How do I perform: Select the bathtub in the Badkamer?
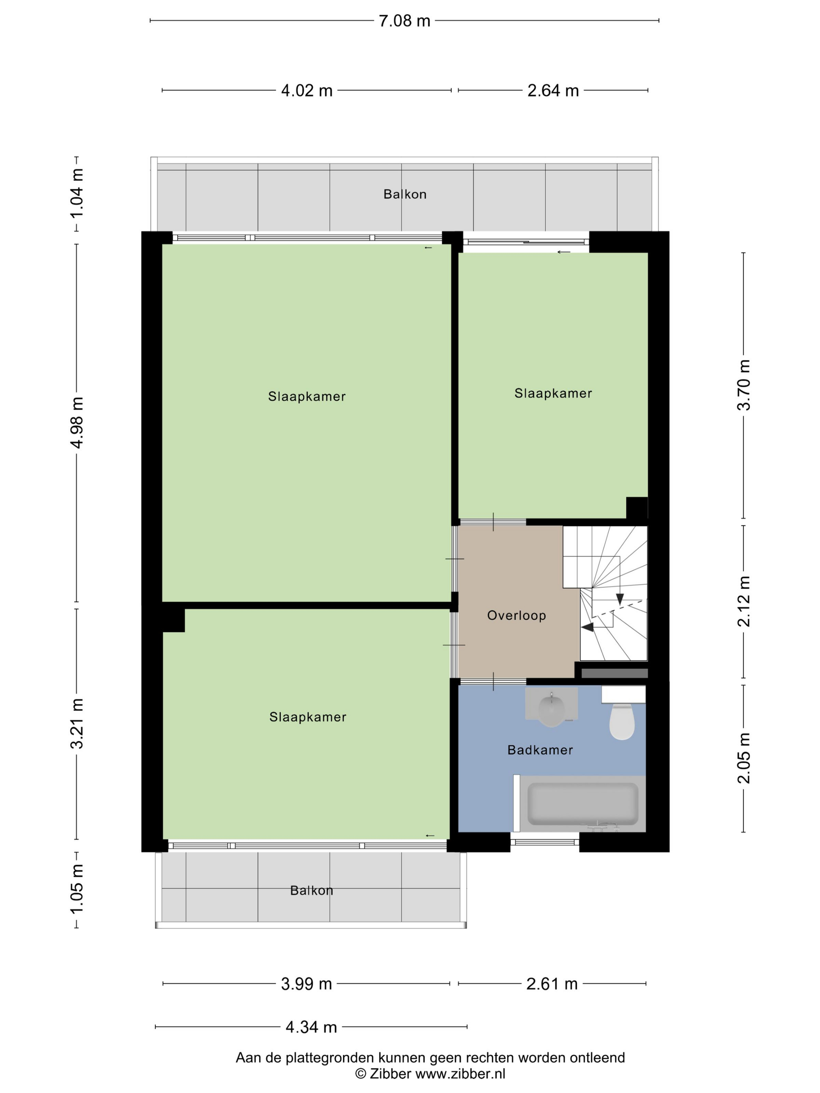[x=582, y=803]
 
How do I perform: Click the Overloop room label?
[x=517, y=615]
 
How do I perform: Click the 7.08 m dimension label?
[x=404, y=21]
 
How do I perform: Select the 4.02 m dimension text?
[x=307, y=91]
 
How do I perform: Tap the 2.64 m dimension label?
[x=553, y=91]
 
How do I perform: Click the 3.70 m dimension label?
[x=744, y=385]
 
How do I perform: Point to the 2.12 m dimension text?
[x=744, y=602]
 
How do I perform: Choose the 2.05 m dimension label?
[x=744, y=758]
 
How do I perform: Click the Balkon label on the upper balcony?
[x=405, y=194]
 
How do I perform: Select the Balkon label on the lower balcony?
[x=311, y=890]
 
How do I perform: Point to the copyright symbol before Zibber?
[x=361, y=1074]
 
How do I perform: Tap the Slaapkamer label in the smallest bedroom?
[x=553, y=393]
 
